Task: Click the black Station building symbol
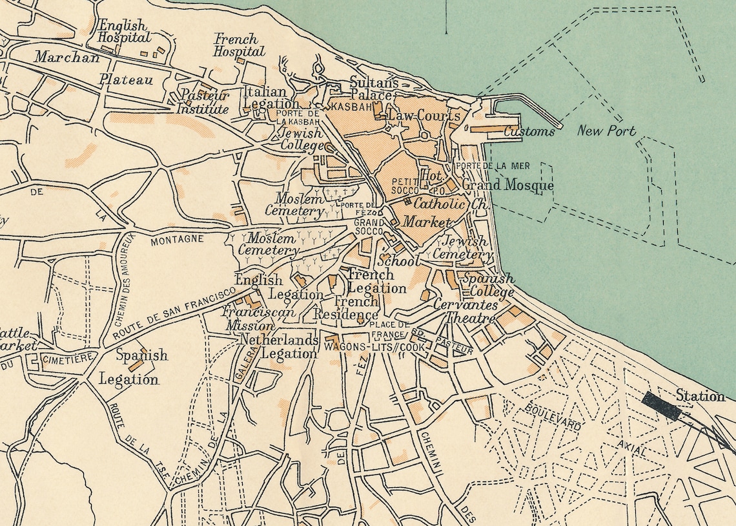[661, 406]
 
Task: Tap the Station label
[700, 395]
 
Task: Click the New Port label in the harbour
[606, 131]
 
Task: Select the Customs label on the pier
[529, 132]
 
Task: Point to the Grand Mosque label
[507, 186]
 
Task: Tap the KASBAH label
[351, 105]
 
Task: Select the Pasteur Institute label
[204, 102]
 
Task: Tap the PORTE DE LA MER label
[492, 166]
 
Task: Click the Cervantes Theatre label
[465, 311]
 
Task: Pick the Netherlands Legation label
[280, 346]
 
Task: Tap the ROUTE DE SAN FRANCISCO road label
[172, 314]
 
